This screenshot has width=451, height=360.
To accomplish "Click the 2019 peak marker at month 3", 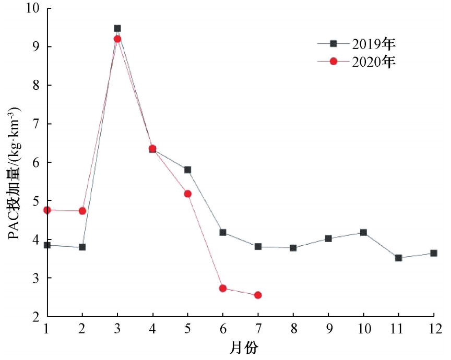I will tap(117, 28).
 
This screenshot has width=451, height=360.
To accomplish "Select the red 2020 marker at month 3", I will tap(117, 39).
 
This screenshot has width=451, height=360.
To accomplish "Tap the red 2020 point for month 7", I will tap(258, 295).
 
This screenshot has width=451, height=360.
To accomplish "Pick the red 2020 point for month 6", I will tap(223, 288).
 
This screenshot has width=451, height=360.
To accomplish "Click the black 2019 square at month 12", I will tap(434, 253).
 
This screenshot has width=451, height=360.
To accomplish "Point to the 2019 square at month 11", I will tap(399, 258).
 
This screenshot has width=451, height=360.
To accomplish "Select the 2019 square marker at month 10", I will tap(363, 232).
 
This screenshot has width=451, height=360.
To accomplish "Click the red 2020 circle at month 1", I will tap(47, 210).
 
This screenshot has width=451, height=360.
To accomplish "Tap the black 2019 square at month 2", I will tap(82, 247).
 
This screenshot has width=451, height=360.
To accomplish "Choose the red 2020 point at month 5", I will tap(188, 194).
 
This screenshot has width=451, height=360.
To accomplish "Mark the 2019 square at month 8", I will tap(293, 248).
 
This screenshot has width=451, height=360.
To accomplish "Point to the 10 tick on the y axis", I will tap(32, 8).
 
